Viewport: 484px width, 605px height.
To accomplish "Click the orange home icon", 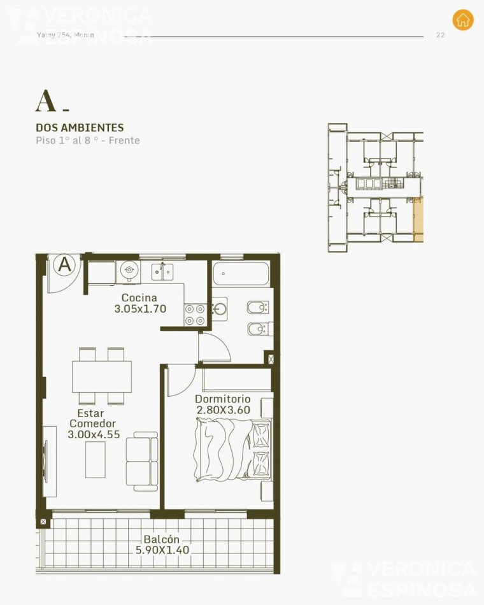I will (463, 20).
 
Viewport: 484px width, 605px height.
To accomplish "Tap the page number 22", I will (440, 35).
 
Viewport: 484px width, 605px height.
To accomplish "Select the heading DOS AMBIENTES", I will (80, 127).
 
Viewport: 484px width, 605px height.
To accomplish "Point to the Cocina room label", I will (139, 297).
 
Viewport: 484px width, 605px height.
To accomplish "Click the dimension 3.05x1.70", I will (140, 309).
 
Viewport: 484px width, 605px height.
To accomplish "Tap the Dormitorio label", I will (223, 399).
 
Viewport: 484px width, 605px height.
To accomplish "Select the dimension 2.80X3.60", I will (223, 410).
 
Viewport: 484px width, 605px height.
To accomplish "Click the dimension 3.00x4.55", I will (94, 435).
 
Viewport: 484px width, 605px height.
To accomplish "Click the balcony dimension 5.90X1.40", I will (162, 550).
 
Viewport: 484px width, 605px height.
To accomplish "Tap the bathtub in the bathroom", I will (241, 274).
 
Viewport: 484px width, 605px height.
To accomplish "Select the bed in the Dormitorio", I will (232, 451).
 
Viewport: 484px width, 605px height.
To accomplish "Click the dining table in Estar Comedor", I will (102, 376).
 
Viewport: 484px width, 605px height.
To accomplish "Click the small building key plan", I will (374, 188).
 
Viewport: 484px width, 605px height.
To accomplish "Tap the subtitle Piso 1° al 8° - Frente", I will (87, 140).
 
